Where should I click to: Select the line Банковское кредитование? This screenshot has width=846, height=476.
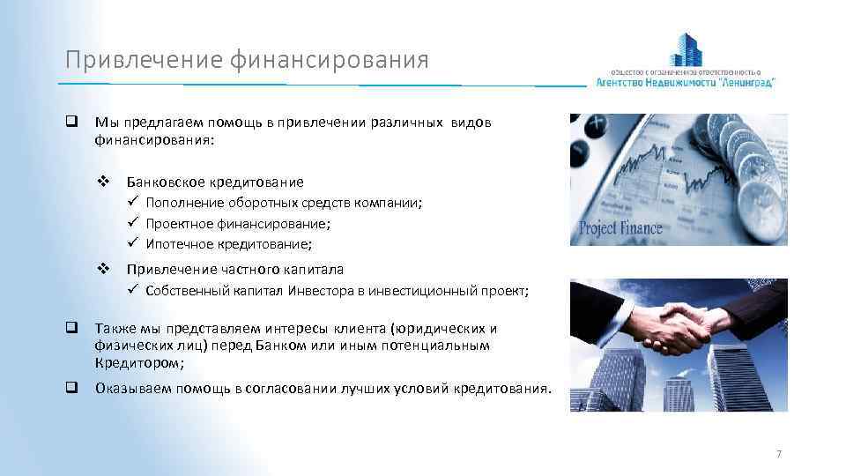(215, 182)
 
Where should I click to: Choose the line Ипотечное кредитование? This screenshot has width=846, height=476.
(228, 243)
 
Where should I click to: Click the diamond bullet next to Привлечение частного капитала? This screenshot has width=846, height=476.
(102, 269)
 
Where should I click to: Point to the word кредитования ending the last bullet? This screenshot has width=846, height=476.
(502, 388)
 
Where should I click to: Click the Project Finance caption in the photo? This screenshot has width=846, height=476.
(620, 229)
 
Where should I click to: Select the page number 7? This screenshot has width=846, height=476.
(778, 454)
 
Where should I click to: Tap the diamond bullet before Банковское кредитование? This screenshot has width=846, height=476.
(102, 182)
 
